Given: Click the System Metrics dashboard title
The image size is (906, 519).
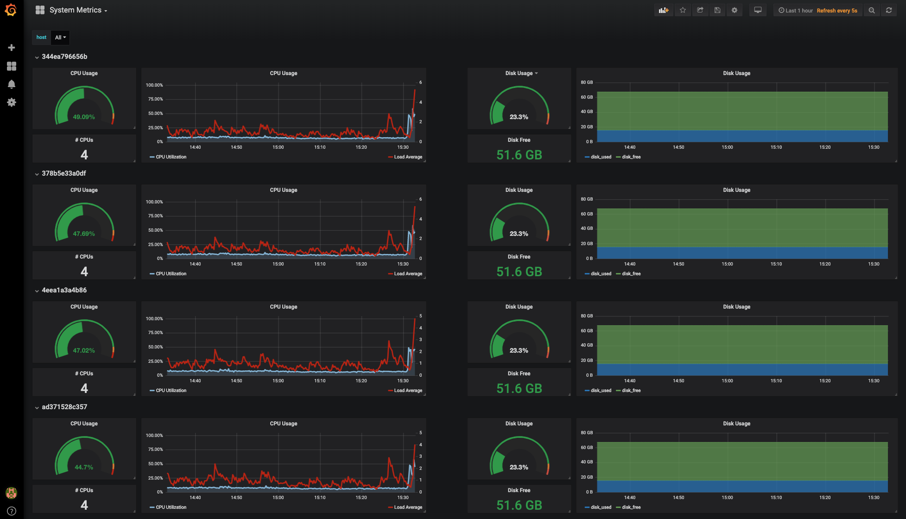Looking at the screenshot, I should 76,10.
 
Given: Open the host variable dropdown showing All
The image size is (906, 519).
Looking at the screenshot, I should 60,38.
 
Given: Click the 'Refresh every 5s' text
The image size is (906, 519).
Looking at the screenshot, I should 836,11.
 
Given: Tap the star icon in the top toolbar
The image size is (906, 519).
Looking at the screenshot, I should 683,10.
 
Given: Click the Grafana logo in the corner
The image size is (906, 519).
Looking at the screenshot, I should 11,10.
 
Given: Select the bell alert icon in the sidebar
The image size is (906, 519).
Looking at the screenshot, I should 12,84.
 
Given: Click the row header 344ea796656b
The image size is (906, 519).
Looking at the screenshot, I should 64,57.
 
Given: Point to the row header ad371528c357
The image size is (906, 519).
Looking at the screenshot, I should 64,407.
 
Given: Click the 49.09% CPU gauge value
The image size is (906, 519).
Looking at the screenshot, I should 84,117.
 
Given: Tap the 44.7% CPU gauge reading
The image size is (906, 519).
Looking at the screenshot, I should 84,467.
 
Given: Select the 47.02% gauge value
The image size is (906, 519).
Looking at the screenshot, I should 84,350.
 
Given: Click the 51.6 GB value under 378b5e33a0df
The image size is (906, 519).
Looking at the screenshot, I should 519,272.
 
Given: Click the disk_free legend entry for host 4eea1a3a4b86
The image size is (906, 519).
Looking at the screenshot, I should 631,391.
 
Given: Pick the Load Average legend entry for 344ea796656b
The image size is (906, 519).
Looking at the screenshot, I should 408,157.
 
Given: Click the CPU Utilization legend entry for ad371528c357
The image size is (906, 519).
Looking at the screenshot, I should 171,507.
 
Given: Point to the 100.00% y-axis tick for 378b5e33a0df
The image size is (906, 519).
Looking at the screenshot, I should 154,202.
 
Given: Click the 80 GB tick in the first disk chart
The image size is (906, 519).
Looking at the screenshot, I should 587,82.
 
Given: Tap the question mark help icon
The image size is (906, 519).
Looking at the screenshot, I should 12,511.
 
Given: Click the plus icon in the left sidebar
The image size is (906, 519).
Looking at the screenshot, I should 12,48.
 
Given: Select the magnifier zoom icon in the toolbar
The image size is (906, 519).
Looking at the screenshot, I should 872,10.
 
